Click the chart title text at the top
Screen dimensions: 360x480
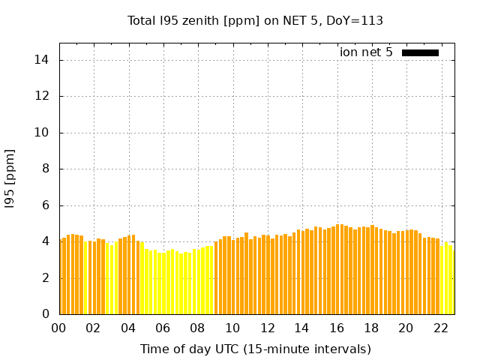pos(255,21)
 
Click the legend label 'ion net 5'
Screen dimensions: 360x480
pos(366,52)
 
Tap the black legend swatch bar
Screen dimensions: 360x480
pos(420,52)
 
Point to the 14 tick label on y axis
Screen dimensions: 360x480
pos(43,60)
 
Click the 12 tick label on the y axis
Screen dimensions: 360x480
pos(43,97)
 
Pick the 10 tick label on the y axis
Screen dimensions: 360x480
pos(43,133)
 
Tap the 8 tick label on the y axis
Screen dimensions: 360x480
pos(46,169)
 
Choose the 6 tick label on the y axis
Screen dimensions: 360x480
pos(46,205)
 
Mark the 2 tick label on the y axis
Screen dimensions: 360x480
pos(46,278)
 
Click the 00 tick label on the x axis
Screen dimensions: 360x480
pos(58,328)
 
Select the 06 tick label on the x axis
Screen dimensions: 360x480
pos(163,328)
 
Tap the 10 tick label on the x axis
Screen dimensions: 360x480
pos(232,328)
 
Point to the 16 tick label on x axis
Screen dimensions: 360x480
pos(337,328)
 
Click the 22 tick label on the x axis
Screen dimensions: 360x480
pos(440,328)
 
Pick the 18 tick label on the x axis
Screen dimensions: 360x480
pos(371,328)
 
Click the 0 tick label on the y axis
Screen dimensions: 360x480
pos(46,314)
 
